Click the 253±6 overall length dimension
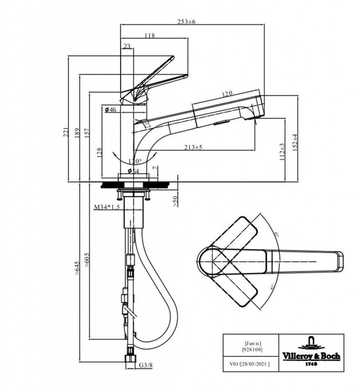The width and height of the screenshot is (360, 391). (x=187, y=21)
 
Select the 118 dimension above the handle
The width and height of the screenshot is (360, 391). (x=150, y=36)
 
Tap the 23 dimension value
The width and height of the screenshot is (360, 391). (x=127, y=46)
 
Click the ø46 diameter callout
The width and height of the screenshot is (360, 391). (x=110, y=110)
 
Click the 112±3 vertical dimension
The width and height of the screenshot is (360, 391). (x=282, y=152)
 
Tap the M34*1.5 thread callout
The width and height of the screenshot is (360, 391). (x=107, y=207)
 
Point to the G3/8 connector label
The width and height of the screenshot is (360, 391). (x=145, y=365)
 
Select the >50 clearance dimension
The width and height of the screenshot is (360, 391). (x=175, y=200)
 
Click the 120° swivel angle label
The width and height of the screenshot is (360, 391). (x=135, y=161)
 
